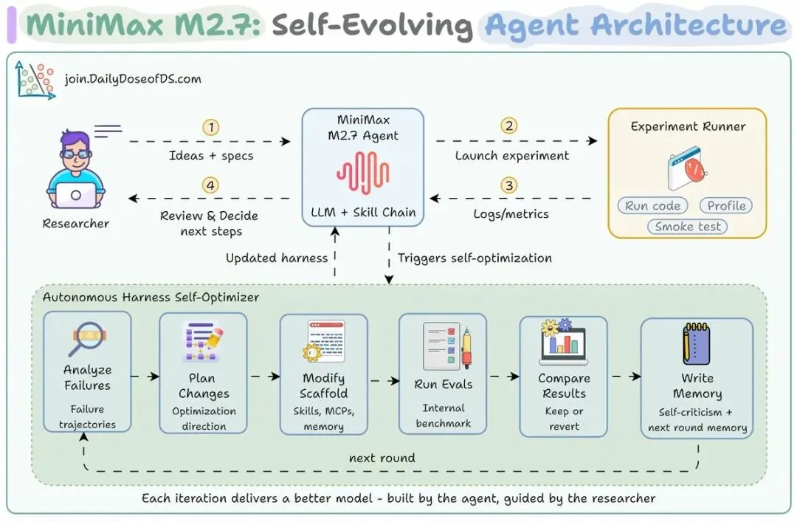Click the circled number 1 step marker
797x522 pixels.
click(x=211, y=127)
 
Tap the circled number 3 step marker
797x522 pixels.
click(x=508, y=185)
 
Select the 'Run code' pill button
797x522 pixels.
click(x=652, y=206)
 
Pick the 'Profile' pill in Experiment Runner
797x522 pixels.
click(x=726, y=206)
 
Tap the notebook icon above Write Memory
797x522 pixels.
click(x=696, y=344)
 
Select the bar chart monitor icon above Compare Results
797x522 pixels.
click(x=563, y=343)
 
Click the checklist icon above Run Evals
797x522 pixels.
click(x=442, y=344)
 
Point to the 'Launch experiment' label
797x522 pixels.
click(x=512, y=156)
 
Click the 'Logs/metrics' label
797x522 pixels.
click(x=511, y=214)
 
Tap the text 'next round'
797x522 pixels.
click(x=382, y=458)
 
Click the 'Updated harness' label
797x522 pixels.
click(x=277, y=258)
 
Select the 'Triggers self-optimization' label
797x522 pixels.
click(x=475, y=258)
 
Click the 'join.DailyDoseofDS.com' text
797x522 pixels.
click(x=133, y=79)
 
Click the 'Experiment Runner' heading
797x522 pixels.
click(x=688, y=126)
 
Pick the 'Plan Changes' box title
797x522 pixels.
click(x=204, y=386)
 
